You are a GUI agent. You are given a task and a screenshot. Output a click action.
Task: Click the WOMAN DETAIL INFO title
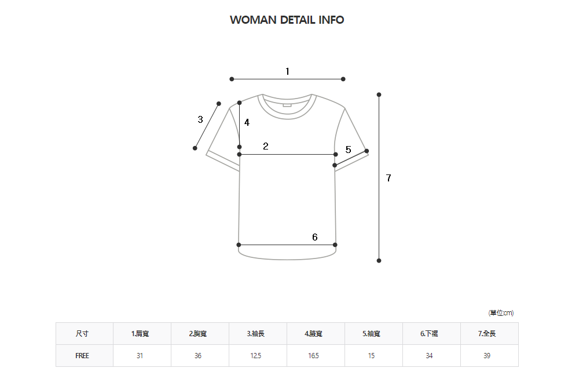coord(287,20)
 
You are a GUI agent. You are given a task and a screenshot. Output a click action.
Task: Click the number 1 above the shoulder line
coord(287,71)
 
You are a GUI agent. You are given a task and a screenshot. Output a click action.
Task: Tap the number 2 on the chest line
coord(266,146)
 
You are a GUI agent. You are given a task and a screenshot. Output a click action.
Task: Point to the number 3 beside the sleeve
coord(200,120)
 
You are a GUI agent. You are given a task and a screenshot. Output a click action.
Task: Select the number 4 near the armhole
coord(247,122)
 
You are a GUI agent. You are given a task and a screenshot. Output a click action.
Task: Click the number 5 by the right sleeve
coord(348,150)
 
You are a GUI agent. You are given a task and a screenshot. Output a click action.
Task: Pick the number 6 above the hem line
coord(315,237)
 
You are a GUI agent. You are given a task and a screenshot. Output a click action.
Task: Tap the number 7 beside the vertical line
coord(389,179)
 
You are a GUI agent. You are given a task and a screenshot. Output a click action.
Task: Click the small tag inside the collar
coord(287,105)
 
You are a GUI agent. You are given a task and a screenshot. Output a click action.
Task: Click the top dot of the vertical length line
coord(379,94)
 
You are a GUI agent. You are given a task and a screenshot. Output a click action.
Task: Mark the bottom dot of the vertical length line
coord(379,261)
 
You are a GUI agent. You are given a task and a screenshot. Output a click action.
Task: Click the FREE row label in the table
coord(82,356)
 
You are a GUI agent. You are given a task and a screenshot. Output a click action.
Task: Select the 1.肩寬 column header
coord(140,334)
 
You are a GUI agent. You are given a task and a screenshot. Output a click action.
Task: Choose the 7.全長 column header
coord(487,334)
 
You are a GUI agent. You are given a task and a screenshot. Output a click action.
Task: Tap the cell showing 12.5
coord(255,356)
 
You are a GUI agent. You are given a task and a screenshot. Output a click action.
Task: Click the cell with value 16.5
coord(313,356)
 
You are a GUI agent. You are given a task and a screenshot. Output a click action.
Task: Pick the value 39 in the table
coord(487,356)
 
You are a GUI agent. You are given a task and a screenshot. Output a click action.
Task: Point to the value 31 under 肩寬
coord(140,356)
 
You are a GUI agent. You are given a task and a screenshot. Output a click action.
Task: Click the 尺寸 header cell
coord(82,334)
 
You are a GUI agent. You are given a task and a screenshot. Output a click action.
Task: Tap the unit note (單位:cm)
coord(501,313)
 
